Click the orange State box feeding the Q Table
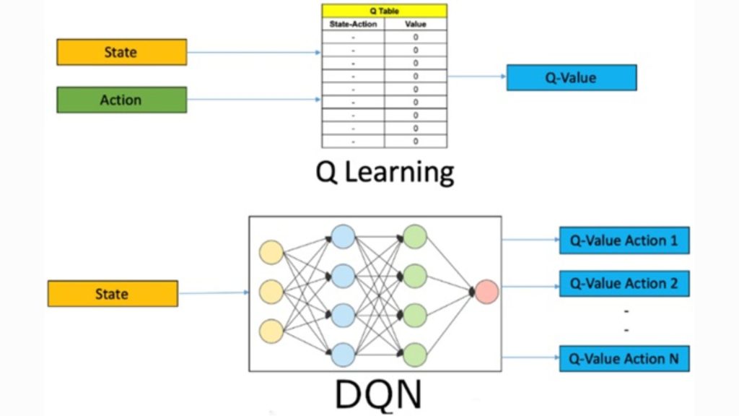point(121,52)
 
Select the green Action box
point(121,100)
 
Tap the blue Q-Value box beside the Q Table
point(571,77)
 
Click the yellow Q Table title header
point(384,11)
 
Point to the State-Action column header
point(352,24)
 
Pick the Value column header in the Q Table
point(416,24)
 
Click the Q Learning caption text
point(385,172)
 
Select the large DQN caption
point(377,394)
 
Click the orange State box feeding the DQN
point(112,294)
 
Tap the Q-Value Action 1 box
point(624,240)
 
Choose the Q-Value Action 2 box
point(624,283)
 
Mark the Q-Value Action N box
point(624,358)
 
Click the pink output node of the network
point(486,292)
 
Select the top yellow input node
point(271,252)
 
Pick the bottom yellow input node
point(271,331)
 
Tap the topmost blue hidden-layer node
point(343,236)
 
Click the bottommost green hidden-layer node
point(415,355)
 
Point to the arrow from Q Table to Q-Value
point(476,76)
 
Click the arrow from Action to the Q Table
point(253,100)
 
